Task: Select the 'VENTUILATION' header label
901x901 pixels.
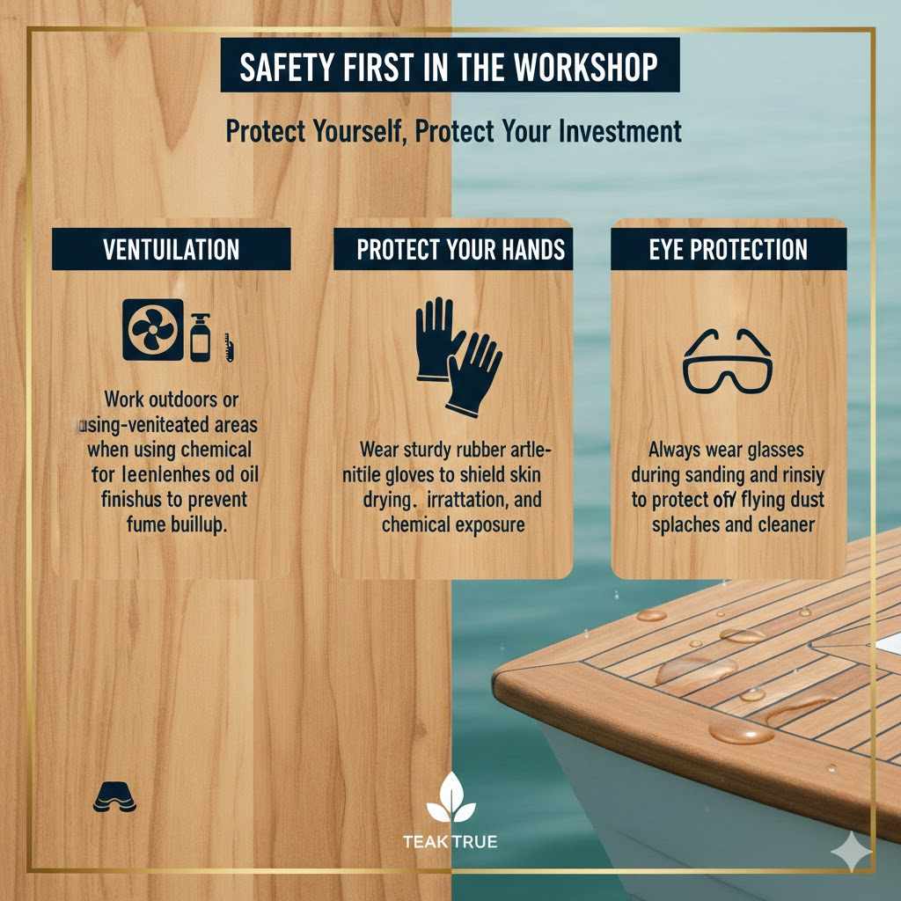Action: pyautogui.click(x=171, y=249)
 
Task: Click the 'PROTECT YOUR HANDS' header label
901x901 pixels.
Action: pyautogui.click(x=460, y=249)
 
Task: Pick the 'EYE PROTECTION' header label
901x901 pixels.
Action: pyautogui.click(x=728, y=249)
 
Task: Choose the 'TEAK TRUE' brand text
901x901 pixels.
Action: pyautogui.click(x=450, y=842)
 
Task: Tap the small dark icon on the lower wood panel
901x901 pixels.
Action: pyautogui.click(x=114, y=797)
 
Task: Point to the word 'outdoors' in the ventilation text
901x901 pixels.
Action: pyautogui.click(x=179, y=399)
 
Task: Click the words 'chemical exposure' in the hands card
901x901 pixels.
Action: pyautogui.click(x=453, y=525)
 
